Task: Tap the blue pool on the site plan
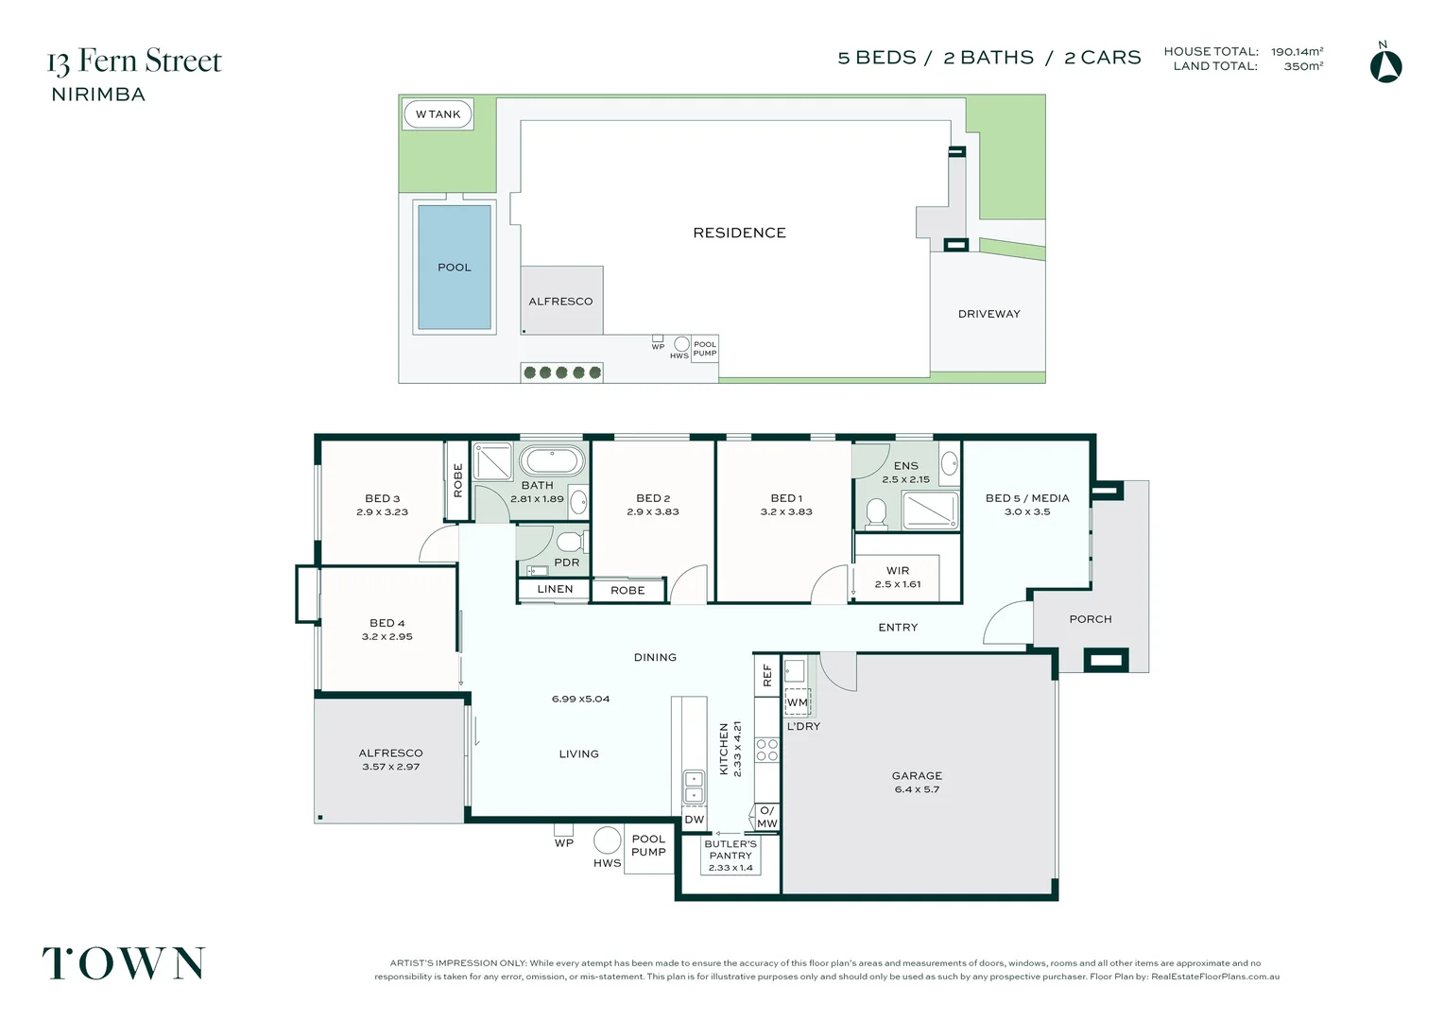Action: [455, 267]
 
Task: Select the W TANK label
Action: [438, 114]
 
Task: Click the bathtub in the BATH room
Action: [552, 461]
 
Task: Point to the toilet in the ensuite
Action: [876, 512]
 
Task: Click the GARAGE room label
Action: [917, 775]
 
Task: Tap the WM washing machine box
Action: [797, 701]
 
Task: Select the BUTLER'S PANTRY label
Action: [731, 850]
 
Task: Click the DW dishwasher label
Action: [695, 820]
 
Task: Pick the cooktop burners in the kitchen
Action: [767, 750]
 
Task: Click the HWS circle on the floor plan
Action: [607, 840]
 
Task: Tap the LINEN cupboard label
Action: [555, 589]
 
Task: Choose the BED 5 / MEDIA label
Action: [1027, 498]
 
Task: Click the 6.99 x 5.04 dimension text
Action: [580, 699]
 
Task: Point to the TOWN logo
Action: [124, 963]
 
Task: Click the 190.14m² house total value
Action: [1297, 52]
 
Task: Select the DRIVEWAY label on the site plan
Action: [988, 314]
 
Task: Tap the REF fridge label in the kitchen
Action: [767, 675]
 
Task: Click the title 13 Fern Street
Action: [135, 61]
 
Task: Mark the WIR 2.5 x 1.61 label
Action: [898, 578]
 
